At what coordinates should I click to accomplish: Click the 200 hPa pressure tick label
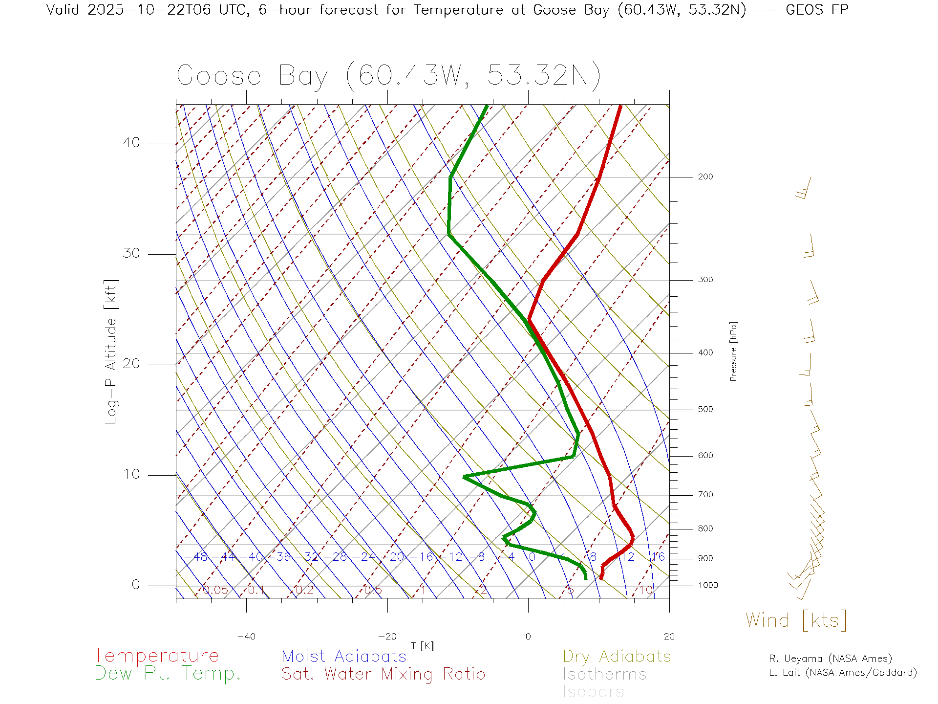tap(705, 176)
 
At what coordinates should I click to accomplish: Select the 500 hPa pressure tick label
tap(705, 409)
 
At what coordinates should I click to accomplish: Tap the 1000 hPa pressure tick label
tap(708, 585)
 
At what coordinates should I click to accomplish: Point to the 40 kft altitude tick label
tap(131, 143)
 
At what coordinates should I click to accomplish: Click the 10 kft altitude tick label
tap(131, 474)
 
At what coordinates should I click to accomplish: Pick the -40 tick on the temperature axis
tap(246, 637)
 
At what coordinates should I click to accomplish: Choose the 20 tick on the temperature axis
tap(669, 637)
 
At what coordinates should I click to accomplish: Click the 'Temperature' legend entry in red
tap(156, 656)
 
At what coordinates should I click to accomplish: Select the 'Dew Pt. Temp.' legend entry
tap(168, 674)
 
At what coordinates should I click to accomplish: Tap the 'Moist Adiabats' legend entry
tap(344, 657)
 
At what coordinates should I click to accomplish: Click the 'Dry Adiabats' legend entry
tap(617, 657)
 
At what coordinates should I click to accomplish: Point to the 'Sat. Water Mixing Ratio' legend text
tap(384, 674)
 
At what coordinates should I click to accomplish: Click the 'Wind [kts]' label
tap(796, 620)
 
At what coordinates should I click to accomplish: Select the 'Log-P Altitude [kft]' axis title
tap(111, 352)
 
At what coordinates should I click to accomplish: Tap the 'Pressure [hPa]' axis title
tap(733, 352)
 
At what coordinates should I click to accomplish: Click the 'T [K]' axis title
tap(422, 646)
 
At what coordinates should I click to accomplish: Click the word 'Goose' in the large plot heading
tap(219, 76)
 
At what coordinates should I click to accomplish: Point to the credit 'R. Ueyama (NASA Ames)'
tap(831, 659)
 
